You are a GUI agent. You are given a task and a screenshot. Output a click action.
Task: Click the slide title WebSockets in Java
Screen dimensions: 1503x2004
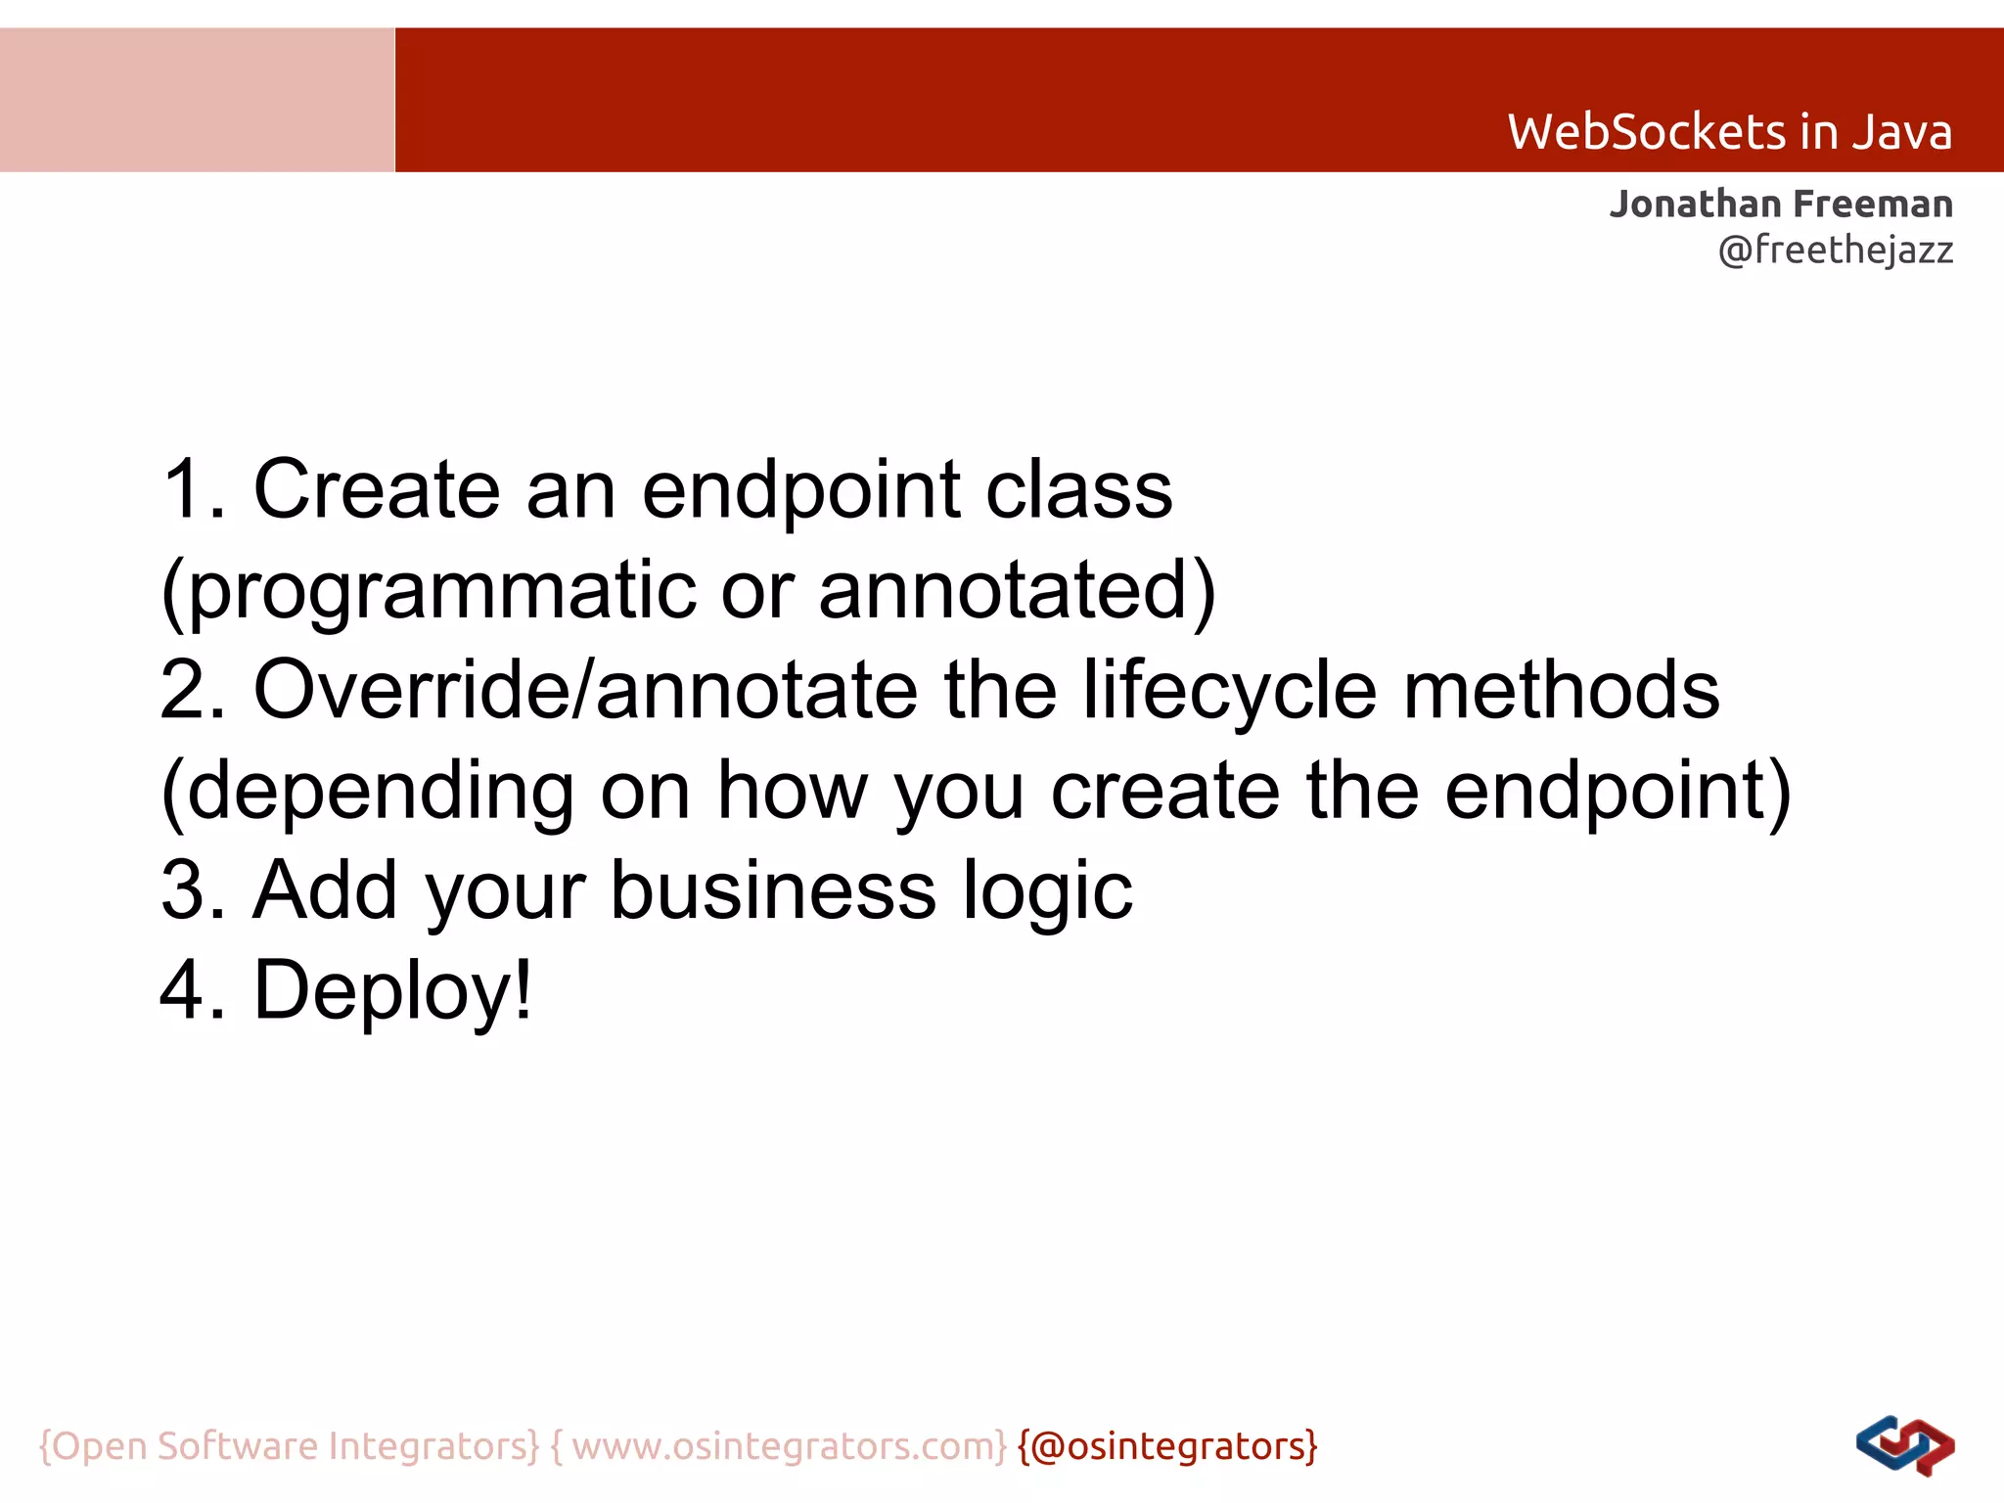click(x=1729, y=132)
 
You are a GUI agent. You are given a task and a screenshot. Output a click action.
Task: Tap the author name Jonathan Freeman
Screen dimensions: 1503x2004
click(x=1781, y=205)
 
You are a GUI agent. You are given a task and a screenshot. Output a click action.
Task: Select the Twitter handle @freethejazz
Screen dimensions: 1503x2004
click(x=1835, y=250)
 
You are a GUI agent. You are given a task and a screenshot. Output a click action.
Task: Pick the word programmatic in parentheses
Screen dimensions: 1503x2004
click(x=440, y=591)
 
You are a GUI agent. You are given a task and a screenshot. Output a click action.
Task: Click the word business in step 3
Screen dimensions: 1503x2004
click(x=773, y=890)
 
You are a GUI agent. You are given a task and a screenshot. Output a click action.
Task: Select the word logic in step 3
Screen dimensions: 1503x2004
click(x=1047, y=892)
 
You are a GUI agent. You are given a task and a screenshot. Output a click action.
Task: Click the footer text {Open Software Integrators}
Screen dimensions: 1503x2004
click(x=289, y=1446)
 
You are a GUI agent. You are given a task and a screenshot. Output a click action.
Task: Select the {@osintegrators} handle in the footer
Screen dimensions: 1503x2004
click(x=1167, y=1446)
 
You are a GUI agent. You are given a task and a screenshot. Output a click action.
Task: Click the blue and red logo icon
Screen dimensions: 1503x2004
click(x=1904, y=1446)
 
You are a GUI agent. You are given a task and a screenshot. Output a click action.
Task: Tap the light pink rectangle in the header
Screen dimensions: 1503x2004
click(x=197, y=100)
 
